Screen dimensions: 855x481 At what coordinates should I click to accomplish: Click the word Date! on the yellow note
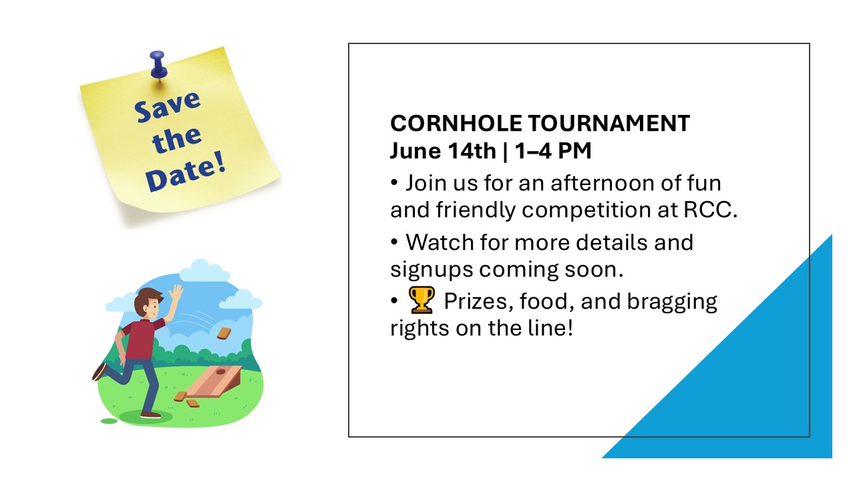pyautogui.click(x=186, y=172)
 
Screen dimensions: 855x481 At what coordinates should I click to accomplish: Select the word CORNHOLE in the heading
pyautogui.click(x=456, y=124)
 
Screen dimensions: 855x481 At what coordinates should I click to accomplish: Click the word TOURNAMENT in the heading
pyautogui.click(x=609, y=124)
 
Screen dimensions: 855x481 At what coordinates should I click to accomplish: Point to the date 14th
pyautogui.click(x=472, y=150)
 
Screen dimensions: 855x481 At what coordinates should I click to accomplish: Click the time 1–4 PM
pyautogui.click(x=553, y=150)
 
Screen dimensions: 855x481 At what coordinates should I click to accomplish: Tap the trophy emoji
pyautogui.click(x=421, y=300)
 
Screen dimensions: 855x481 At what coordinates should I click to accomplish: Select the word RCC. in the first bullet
pyautogui.click(x=710, y=210)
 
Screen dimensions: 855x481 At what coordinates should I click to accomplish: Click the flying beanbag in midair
pyautogui.click(x=224, y=333)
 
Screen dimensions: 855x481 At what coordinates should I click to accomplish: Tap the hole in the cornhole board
pyautogui.click(x=220, y=371)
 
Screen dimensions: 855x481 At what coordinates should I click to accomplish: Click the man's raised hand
pyautogui.click(x=176, y=293)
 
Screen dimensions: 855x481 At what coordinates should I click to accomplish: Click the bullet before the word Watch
pyautogui.click(x=394, y=242)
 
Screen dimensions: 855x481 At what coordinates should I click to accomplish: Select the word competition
pyautogui.click(x=586, y=210)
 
